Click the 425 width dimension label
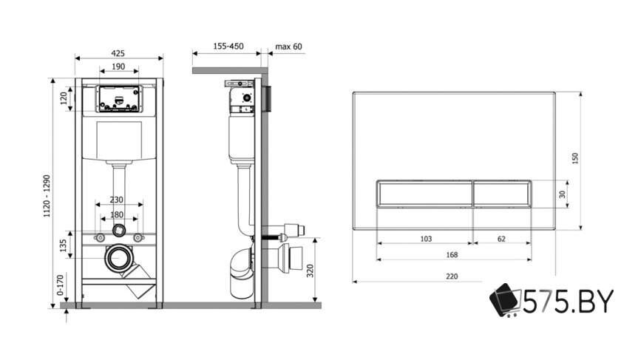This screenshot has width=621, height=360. coord(118,53)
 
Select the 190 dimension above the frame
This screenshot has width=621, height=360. coord(118,67)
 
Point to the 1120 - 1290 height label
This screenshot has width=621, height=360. coord(47,196)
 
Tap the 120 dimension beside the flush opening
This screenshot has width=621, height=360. coord(64,98)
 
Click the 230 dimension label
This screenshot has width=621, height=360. coord(117,200)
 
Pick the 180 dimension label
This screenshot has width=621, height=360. coord(117,214)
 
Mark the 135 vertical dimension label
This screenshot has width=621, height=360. coord(63,246)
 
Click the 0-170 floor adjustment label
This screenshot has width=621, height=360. coord(60,285)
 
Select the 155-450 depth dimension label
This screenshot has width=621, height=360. coord(228,47)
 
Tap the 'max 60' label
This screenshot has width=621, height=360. coord(289,47)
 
